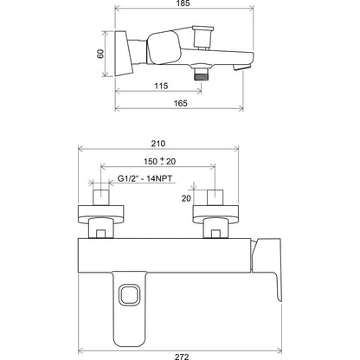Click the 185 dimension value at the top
coord(183,3)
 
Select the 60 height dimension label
coord(100,54)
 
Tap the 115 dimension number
coord(161,86)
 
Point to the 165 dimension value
coord(181,103)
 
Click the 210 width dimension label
coord(158,144)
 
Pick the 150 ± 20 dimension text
coord(160,161)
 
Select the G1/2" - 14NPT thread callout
coord(145,178)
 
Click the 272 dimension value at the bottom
coord(182,357)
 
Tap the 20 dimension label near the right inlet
coord(186,198)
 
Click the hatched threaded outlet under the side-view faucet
coord(201,77)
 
